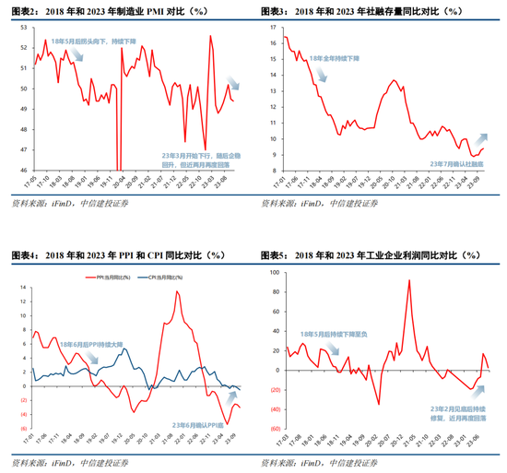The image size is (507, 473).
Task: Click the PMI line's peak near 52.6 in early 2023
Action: pos(210,36)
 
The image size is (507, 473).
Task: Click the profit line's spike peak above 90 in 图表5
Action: pos(408,280)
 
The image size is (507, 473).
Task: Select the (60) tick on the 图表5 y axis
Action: pos(270,429)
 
